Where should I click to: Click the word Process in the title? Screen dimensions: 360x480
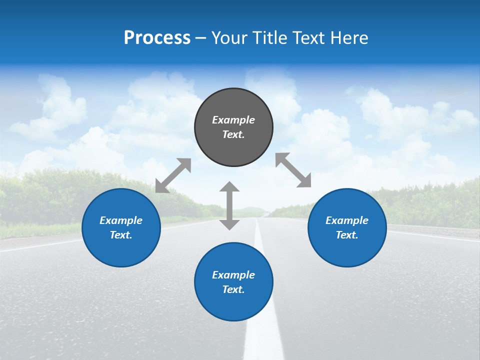[157, 38]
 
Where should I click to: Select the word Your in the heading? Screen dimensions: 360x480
[228, 38]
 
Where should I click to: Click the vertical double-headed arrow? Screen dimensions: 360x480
[229, 205]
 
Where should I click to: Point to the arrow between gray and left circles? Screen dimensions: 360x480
[173, 175]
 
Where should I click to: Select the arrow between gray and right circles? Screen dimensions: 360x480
[293, 170]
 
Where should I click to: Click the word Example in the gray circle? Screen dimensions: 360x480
[233, 120]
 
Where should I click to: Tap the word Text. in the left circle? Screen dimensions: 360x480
[121, 235]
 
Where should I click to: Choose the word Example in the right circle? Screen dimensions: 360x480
[347, 220]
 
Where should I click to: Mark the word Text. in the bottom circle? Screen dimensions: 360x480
[233, 289]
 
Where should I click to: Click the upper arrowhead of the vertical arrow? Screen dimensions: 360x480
[229, 187]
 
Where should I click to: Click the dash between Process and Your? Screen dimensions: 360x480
[201, 38]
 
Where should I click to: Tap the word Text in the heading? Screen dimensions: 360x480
[306, 38]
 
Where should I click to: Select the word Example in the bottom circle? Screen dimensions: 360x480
[233, 275]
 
